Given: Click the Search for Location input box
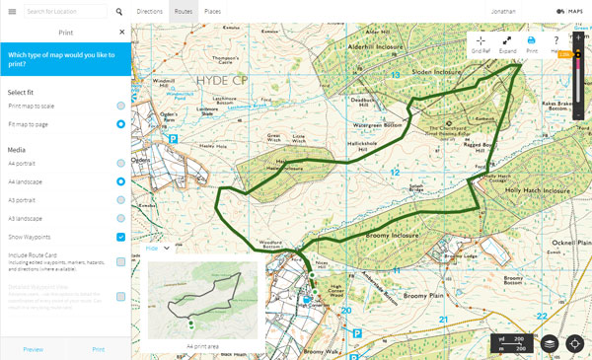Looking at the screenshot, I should pos(64,12).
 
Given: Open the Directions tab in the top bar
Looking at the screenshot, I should pos(150,12).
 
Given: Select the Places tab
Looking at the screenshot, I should pos(212,12).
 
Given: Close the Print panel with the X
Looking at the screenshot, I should pos(121,32).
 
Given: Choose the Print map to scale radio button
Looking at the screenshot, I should pos(120,105).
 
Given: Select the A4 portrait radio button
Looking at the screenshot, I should pos(120,163).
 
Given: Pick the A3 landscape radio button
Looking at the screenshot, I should pos(120,218).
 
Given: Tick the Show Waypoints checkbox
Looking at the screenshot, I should pos(120,237).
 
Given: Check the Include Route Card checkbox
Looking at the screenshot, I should pos(120,261).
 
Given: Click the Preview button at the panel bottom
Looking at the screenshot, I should pos(33,349).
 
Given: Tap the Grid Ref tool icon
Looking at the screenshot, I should pos(481,42).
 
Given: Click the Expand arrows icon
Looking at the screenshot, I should pos(506,42).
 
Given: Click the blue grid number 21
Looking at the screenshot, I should pos(444,319).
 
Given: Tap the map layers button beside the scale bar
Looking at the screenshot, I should pos(549,343).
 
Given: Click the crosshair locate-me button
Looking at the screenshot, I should pos(574,343).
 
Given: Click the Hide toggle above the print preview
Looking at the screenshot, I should pos(158,249).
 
